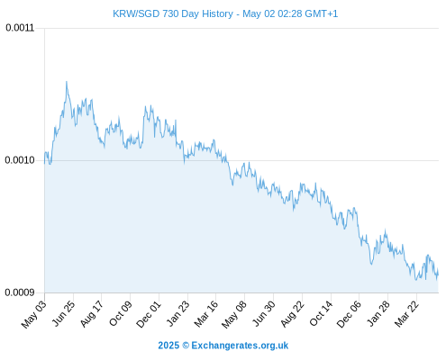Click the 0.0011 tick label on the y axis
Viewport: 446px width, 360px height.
[x=20, y=28]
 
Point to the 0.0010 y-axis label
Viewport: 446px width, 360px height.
[x=20, y=160]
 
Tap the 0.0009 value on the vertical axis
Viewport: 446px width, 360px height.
[x=20, y=292]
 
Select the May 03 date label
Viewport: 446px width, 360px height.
[x=34, y=314]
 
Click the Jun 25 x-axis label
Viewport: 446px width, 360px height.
[x=63, y=313]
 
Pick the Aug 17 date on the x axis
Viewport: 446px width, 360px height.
[x=92, y=313]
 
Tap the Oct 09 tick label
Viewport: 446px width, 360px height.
[x=120, y=313]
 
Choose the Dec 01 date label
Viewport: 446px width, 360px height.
[x=149, y=314]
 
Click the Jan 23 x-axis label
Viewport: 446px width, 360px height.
[x=177, y=313]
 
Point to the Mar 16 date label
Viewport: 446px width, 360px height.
[x=206, y=313]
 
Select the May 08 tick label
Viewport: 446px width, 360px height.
[x=234, y=314]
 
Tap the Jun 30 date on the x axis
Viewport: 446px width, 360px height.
[x=264, y=313]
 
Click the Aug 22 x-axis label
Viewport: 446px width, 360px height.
[x=292, y=313]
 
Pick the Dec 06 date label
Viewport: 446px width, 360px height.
[x=349, y=314]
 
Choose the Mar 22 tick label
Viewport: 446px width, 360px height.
[x=406, y=313]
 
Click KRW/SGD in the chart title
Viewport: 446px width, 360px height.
[x=136, y=13]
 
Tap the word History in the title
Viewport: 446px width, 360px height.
[x=217, y=14]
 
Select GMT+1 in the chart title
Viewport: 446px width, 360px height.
[x=322, y=13]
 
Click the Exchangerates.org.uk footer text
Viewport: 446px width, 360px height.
[x=240, y=346]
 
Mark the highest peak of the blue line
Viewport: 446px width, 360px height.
[x=67, y=81]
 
